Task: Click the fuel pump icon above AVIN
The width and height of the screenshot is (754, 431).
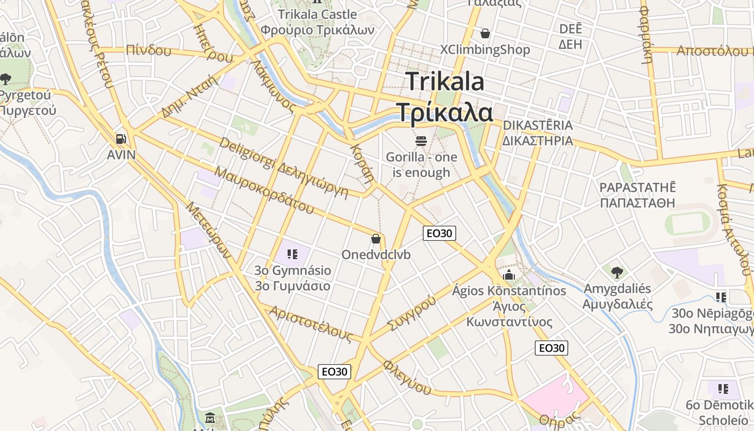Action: click(x=121, y=139)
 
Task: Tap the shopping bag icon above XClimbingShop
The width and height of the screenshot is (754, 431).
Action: click(x=485, y=33)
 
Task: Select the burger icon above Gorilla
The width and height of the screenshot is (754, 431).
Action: click(x=421, y=141)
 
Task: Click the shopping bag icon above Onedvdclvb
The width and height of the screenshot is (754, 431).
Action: click(x=376, y=238)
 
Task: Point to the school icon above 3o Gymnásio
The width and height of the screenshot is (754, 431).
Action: click(x=292, y=254)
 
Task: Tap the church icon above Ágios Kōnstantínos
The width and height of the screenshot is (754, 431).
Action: click(x=509, y=275)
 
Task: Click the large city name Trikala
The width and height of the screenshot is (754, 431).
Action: click(x=445, y=81)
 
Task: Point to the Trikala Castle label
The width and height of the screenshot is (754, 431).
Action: click(x=317, y=15)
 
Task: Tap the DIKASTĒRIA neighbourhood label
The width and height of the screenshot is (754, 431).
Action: click(x=537, y=126)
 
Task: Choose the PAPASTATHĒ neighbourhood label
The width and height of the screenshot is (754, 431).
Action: click(x=637, y=187)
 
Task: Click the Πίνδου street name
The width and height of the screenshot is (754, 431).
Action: click(x=148, y=51)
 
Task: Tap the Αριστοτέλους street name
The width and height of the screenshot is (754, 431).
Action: click(x=311, y=324)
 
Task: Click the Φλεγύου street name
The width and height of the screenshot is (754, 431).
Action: click(x=407, y=378)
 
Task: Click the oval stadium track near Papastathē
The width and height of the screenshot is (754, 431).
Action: click(x=690, y=223)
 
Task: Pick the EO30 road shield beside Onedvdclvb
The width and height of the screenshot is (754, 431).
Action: click(x=439, y=233)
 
